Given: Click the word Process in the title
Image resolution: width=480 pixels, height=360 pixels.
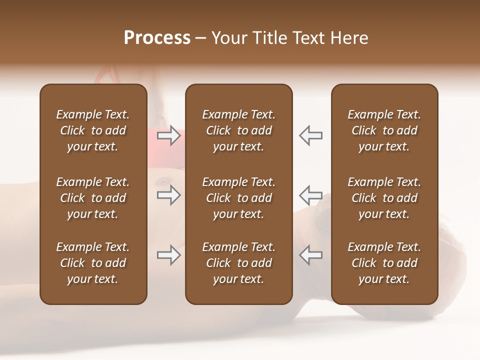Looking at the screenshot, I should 157,38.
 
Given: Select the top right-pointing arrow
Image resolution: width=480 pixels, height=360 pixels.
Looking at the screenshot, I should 168,135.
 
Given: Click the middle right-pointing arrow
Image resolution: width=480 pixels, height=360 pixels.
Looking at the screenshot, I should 168,195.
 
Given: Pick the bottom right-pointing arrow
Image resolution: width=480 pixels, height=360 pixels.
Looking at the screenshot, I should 168,255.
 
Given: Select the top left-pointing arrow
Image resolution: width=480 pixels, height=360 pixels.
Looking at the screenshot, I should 310,135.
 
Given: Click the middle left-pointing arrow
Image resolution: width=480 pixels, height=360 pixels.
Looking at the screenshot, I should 310,195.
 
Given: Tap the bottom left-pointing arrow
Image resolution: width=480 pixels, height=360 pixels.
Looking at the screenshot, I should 310,255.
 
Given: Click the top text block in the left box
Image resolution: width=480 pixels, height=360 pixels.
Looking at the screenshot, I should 93,130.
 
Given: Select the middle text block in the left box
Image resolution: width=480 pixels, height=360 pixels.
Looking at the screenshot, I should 93,198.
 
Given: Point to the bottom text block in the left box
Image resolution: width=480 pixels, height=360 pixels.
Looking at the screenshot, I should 93,263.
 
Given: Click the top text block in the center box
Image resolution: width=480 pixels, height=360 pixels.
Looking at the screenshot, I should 238,130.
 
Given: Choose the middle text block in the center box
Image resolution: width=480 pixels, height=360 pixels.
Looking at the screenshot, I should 238,198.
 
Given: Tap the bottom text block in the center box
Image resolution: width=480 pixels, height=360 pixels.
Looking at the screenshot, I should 238,263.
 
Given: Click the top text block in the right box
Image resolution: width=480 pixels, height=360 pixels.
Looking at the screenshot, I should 384,130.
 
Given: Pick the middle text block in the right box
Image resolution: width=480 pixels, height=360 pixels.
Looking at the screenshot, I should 384,198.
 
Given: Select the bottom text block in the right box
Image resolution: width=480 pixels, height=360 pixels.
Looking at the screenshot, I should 384,263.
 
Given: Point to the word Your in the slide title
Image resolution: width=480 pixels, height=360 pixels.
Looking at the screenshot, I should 228,38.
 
